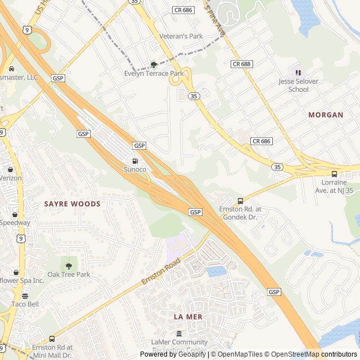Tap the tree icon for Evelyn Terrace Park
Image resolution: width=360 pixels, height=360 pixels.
point(154,65)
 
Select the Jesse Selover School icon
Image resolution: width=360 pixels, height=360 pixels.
point(298,73)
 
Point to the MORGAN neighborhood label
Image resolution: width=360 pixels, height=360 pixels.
point(325,115)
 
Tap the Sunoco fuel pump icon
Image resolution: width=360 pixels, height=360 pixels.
point(134,161)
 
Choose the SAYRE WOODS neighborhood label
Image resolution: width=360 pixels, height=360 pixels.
point(72,204)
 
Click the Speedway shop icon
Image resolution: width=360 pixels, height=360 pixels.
point(15,214)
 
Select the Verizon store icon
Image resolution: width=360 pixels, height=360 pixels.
point(10,169)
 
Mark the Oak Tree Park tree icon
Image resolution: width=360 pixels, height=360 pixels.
point(69,266)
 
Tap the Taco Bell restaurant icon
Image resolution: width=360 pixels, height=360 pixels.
point(25,296)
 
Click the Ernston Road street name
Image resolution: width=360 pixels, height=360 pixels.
point(161,271)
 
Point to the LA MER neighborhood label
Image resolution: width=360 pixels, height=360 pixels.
point(187,317)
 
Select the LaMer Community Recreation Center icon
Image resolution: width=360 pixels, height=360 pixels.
point(179,334)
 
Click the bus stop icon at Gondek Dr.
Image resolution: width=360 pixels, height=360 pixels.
point(240,201)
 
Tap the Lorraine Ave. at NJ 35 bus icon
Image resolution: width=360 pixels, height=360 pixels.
point(334,174)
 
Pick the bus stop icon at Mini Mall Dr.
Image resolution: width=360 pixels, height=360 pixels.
point(52,339)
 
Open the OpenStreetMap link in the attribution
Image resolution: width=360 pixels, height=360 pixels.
point(296,354)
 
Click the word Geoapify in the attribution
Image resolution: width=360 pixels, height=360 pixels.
point(191,354)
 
